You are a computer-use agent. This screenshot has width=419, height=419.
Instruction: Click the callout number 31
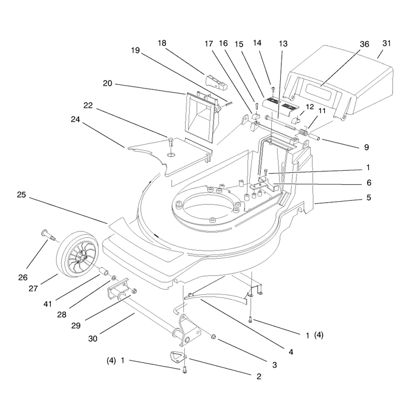coord(387,43)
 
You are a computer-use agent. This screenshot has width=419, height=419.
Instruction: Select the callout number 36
coord(365,44)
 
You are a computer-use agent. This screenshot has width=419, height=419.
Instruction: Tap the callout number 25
coord(21,194)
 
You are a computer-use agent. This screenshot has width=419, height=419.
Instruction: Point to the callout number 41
coord(47,304)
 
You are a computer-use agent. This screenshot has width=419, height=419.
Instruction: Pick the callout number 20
coord(107,83)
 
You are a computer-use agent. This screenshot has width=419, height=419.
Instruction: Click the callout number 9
coord(366,147)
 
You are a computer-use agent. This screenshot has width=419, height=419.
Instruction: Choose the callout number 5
coord(369,197)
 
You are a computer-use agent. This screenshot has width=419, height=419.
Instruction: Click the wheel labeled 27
coord(77,255)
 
